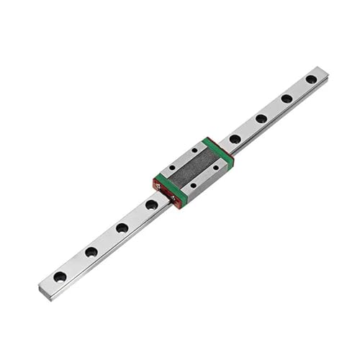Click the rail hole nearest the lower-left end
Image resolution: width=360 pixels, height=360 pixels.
click(60, 276)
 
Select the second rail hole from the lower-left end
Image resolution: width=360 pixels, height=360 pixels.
click(91, 252)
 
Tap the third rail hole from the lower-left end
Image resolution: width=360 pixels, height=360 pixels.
click(122, 228)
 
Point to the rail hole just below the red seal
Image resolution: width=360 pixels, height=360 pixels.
click(152, 205)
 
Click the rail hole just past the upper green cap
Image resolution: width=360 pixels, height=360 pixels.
click(235, 139)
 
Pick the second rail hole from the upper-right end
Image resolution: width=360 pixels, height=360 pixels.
click(287, 99)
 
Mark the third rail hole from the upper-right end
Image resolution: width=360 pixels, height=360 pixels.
click(261, 119)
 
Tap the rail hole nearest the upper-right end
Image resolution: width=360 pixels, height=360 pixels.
click(311, 79)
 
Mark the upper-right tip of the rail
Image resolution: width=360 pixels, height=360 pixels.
click(325, 71)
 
